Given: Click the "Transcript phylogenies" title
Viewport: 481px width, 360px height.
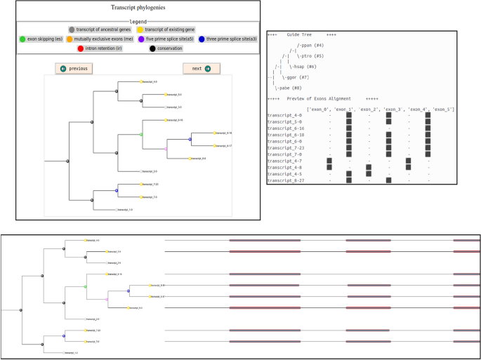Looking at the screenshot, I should [x=138, y=8].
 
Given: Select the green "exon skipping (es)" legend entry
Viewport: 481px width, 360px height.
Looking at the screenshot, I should [x=41, y=39].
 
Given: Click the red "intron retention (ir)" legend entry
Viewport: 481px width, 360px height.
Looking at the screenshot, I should [x=100, y=48].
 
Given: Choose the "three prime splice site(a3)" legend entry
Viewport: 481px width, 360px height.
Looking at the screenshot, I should [x=228, y=39].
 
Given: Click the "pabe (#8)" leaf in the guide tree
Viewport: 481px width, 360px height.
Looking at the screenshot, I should [x=289, y=88].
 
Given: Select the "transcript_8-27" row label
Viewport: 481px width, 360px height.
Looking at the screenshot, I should [x=284, y=181].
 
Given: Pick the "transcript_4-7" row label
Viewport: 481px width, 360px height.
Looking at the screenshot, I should [x=284, y=161].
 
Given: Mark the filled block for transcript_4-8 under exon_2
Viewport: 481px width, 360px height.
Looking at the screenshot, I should [x=369, y=168].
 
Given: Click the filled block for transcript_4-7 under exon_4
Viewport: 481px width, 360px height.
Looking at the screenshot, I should [x=408, y=161].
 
